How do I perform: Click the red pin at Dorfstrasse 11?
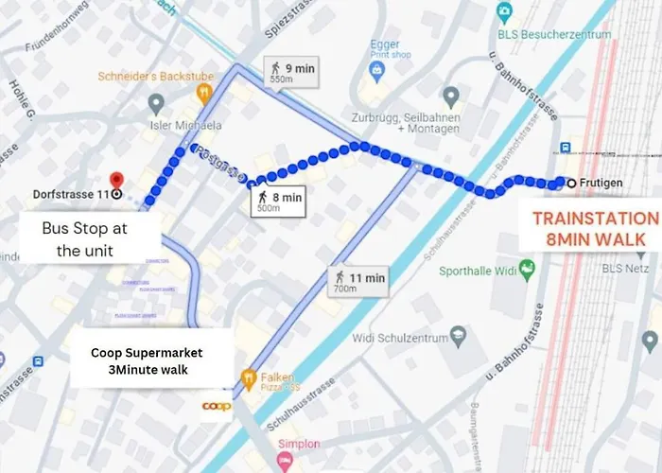click(116, 180)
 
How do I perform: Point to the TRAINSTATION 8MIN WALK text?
click(594, 228)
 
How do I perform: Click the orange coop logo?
click(217, 406)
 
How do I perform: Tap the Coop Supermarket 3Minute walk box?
click(153, 360)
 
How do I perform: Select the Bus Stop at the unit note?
click(84, 240)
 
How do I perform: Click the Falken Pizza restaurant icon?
click(250, 377)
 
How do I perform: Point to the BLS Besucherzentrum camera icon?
click(505, 13)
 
